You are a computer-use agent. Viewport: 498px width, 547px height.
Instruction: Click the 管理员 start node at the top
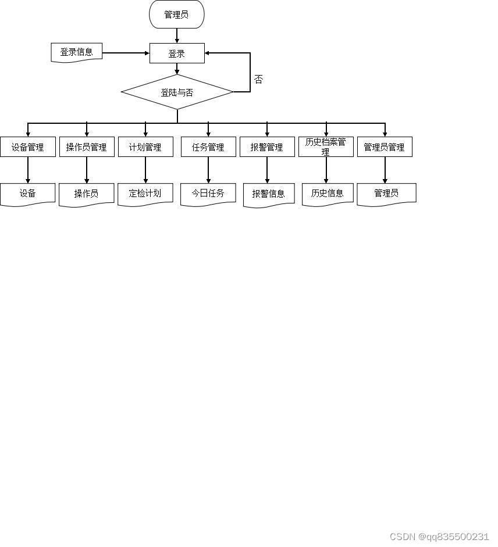[177, 15]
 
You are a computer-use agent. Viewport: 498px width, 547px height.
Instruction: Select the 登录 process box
[177, 53]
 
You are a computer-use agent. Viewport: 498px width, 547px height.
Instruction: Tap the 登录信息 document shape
[77, 52]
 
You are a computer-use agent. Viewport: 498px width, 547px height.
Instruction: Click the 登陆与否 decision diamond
[177, 92]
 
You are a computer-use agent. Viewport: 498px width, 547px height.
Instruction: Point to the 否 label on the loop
[258, 80]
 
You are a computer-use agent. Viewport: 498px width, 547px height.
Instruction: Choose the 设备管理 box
[28, 147]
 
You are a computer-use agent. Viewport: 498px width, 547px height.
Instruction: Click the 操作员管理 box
[87, 147]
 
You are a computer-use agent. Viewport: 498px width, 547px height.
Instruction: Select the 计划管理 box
[145, 147]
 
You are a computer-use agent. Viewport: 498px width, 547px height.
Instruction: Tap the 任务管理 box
[208, 147]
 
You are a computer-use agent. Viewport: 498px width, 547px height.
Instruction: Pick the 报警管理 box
[267, 147]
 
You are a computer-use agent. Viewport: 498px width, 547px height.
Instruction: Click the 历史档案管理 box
[326, 146]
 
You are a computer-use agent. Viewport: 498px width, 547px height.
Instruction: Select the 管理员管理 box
[385, 147]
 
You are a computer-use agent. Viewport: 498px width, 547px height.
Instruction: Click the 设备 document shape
[28, 194]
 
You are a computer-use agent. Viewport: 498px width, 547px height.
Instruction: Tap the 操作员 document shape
[87, 194]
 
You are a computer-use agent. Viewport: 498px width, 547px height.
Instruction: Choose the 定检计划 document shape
[145, 194]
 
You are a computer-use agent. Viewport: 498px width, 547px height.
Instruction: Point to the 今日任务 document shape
[208, 194]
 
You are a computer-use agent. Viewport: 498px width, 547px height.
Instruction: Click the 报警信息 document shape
[269, 194]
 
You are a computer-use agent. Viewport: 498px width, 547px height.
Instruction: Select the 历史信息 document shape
[328, 194]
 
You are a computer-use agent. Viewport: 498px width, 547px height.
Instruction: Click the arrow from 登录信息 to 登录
[126, 53]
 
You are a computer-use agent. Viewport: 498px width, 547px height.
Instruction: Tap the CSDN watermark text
[439, 537]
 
